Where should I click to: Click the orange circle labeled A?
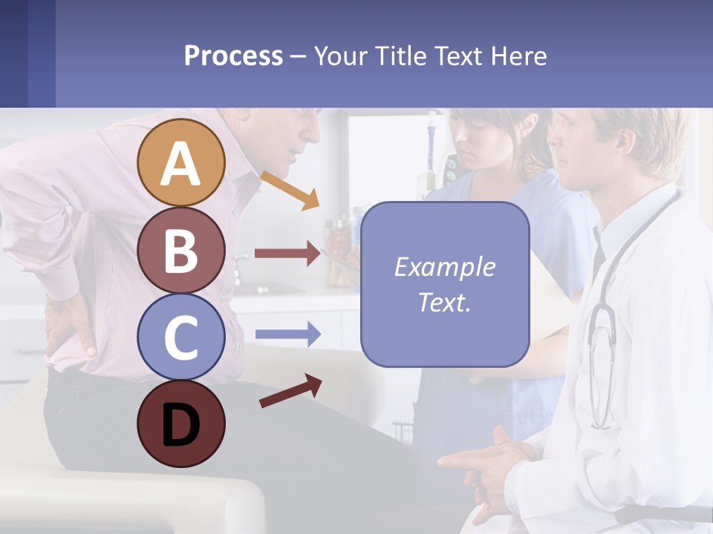(x=180, y=162)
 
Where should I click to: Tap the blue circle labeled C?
(x=180, y=337)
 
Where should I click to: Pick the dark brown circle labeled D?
(x=180, y=423)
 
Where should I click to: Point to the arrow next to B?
(x=287, y=254)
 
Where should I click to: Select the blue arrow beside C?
(x=287, y=334)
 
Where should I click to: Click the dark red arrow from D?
(x=290, y=391)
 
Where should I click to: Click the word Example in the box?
(x=444, y=266)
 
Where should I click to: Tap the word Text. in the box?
(x=444, y=302)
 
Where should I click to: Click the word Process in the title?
(x=233, y=56)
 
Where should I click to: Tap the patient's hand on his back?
(x=71, y=326)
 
